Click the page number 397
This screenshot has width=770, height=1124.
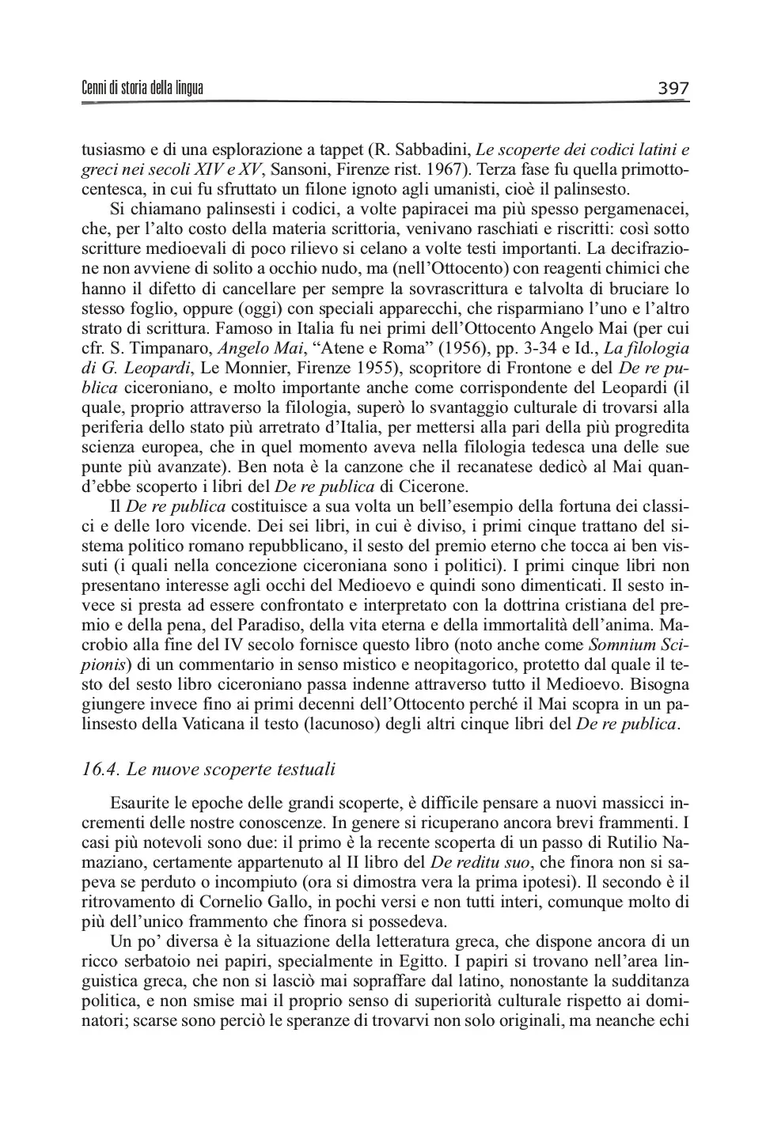click(673, 89)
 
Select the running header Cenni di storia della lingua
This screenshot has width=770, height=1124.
click(142, 89)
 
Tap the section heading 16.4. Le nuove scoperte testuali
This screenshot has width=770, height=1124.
click(209, 769)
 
